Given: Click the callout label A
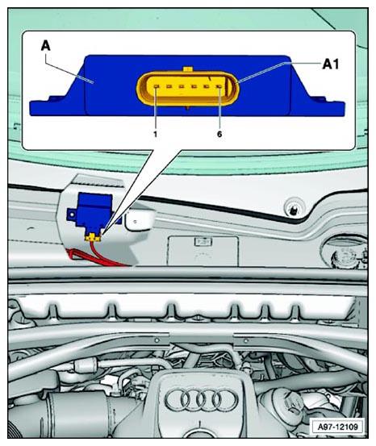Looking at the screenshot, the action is click(x=45, y=45).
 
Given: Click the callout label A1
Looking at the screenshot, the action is click(x=331, y=65).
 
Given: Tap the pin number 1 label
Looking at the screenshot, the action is click(x=155, y=134).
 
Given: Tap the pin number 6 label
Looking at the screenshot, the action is click(x=219, y=134).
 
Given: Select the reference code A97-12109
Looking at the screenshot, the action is click(x=337, y=427).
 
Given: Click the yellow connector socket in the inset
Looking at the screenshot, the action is click(x=187, y=89).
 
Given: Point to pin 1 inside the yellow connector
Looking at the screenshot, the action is click(x=156, y=86).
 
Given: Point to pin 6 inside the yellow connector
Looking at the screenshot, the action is click(x=219, y=86).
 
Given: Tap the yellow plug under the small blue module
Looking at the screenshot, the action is click(x=93, y=237).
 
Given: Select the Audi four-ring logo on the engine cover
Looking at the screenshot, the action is click(x=201, y=400).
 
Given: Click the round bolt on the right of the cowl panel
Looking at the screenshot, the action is click(x=292, y=209).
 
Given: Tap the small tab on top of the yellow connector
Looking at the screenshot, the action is click(x=188, y=69).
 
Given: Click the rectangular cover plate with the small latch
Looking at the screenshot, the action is click(x=203, y=251).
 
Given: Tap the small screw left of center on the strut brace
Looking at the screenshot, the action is click(x=157, y=340).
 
